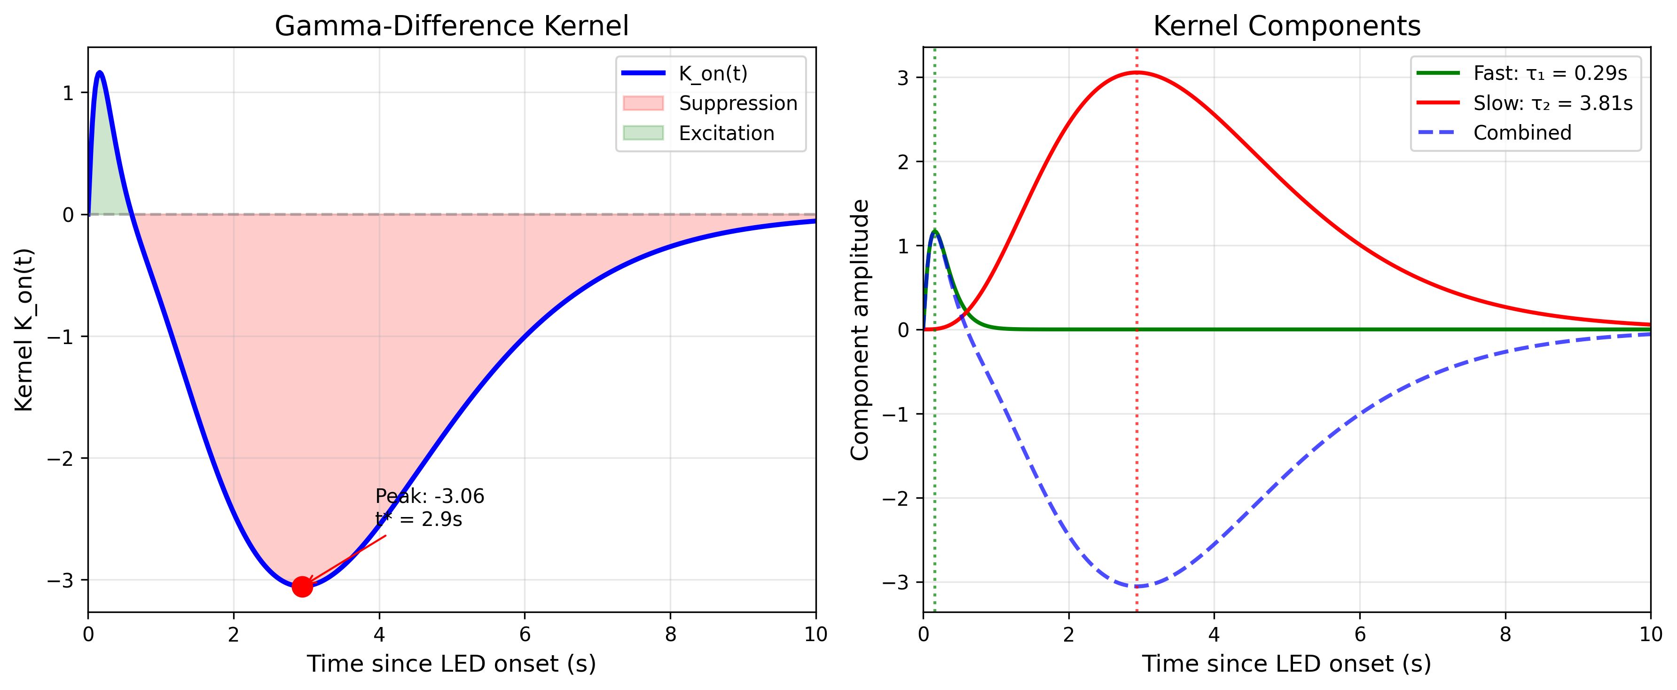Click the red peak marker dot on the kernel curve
coord(302,587)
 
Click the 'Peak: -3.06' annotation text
coord(430,497)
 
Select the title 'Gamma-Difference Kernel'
coord(451,26)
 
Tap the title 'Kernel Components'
coord(1286,26)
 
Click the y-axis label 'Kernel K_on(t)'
coord(24,329)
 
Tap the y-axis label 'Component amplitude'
coord(859,329)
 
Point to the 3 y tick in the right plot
coord(903,78)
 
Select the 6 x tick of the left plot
coord(525,635)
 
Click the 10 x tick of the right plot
coord(1650,635)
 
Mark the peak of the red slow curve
coord(1136,73)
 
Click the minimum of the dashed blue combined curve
coord(1136,587)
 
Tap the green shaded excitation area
coord(104,176)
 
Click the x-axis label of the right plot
coord(1286,664)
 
